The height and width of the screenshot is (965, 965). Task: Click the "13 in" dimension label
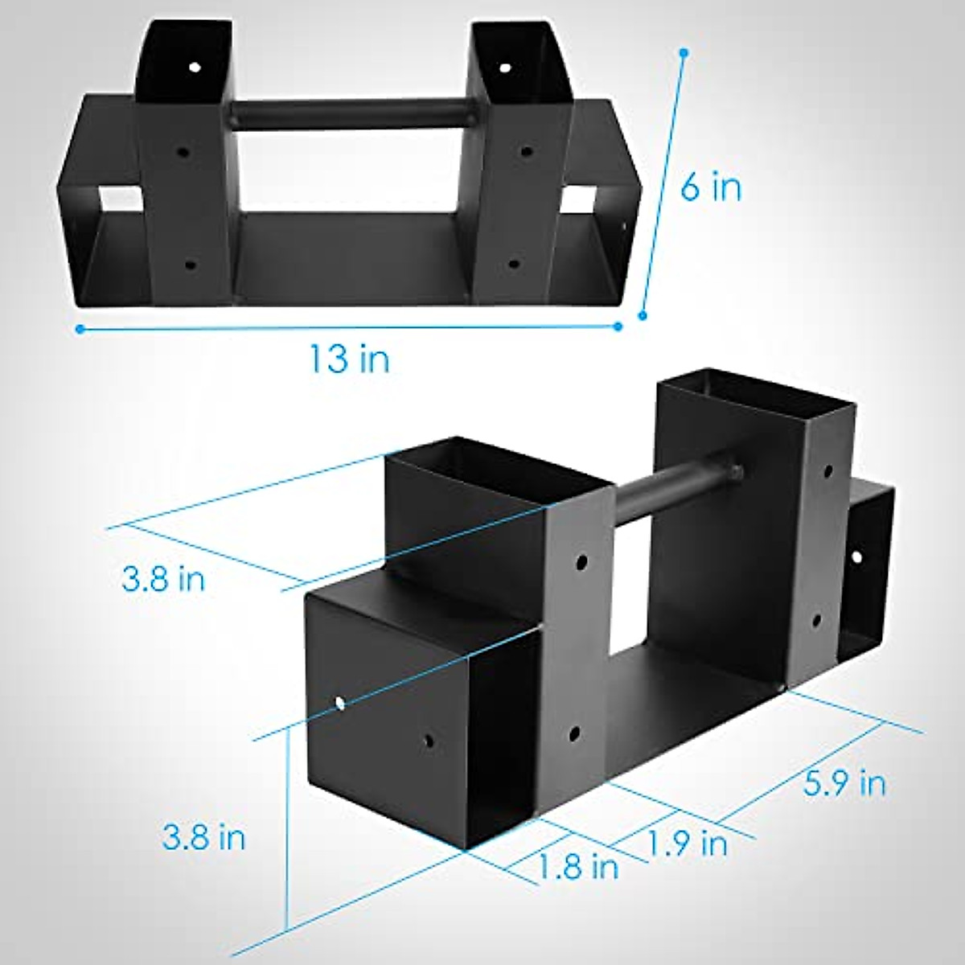click(x=351, y=359)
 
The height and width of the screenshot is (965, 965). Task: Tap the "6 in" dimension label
click(x=711, y=188)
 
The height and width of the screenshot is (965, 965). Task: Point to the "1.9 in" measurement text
click(x=688, y=843)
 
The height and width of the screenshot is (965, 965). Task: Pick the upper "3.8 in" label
click(x=163, y=578)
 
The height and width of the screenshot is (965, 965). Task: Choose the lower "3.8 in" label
click(x=203, y=837)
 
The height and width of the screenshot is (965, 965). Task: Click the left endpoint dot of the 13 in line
click(x=80, y=328)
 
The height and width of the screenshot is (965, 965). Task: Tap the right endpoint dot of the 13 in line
click(x=618, y=326)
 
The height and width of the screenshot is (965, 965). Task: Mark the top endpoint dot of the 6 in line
click(x=684, y=53)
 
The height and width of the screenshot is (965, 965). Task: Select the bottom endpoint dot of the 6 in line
click(x=642, y=316)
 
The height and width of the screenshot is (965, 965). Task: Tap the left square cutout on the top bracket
click(x=117, y=199)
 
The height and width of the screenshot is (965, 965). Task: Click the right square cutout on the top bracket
click(x=581, y=199)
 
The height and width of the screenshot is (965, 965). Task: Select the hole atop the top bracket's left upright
click(x=194, y=67)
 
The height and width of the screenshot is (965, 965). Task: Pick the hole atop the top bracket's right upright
click(x=504, y=68)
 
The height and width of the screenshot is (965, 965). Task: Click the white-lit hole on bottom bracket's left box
click(x=340, y=704)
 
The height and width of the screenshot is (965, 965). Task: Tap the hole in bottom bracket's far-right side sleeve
click(x=858, y=556)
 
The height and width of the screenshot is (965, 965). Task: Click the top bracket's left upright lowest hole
click(x=190, y=264)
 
